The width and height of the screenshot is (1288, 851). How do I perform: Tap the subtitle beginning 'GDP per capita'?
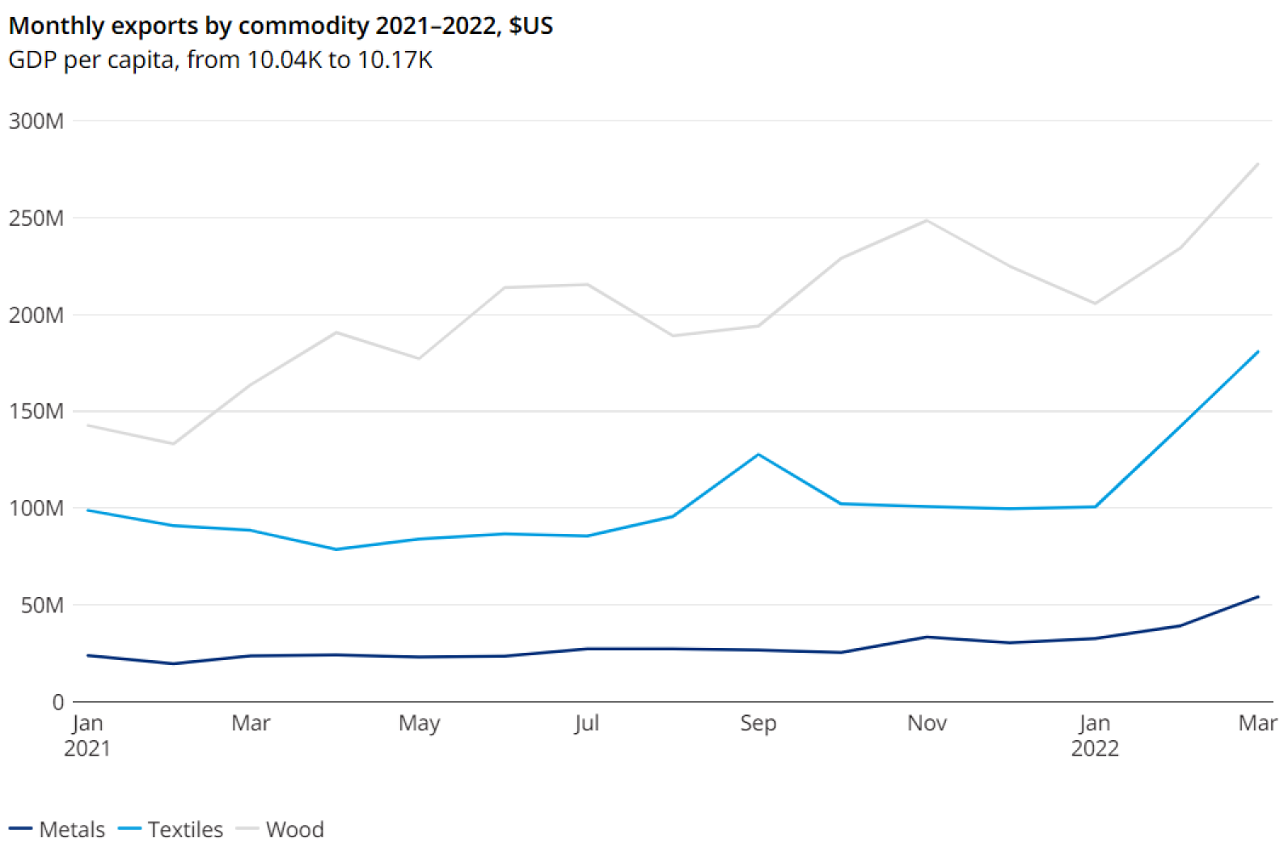(220, 61)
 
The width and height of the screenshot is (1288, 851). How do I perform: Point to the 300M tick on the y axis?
(36, 121)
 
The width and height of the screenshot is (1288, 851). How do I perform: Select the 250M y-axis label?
(36, 218)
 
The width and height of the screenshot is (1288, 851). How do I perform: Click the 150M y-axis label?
(36, 412)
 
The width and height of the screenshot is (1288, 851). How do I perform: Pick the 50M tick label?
(42, 605)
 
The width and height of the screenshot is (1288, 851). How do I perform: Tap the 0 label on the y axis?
(58, 702)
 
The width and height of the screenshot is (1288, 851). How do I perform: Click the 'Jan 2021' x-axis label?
(87, 735)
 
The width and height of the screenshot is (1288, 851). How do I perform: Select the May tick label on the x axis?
(419, 723)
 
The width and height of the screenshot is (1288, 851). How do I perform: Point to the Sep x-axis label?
(758, 723)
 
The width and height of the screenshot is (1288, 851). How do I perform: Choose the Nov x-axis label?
(927, 723)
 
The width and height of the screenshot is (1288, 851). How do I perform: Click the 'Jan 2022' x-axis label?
(1095, 735)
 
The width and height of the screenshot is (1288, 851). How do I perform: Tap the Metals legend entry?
(58, 829)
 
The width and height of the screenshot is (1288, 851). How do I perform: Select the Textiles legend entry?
(171, 829)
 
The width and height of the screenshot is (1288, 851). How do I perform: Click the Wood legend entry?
(281, 829)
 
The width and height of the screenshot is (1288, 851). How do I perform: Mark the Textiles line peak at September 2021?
(758, 455)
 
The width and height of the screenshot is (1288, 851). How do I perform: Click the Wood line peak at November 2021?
(927, 220)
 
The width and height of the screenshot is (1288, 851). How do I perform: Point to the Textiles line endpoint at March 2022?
(1258, 352)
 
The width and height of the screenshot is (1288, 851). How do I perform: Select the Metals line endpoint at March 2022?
(1258, 597)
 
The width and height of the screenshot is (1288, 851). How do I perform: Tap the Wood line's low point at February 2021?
(172, 443)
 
